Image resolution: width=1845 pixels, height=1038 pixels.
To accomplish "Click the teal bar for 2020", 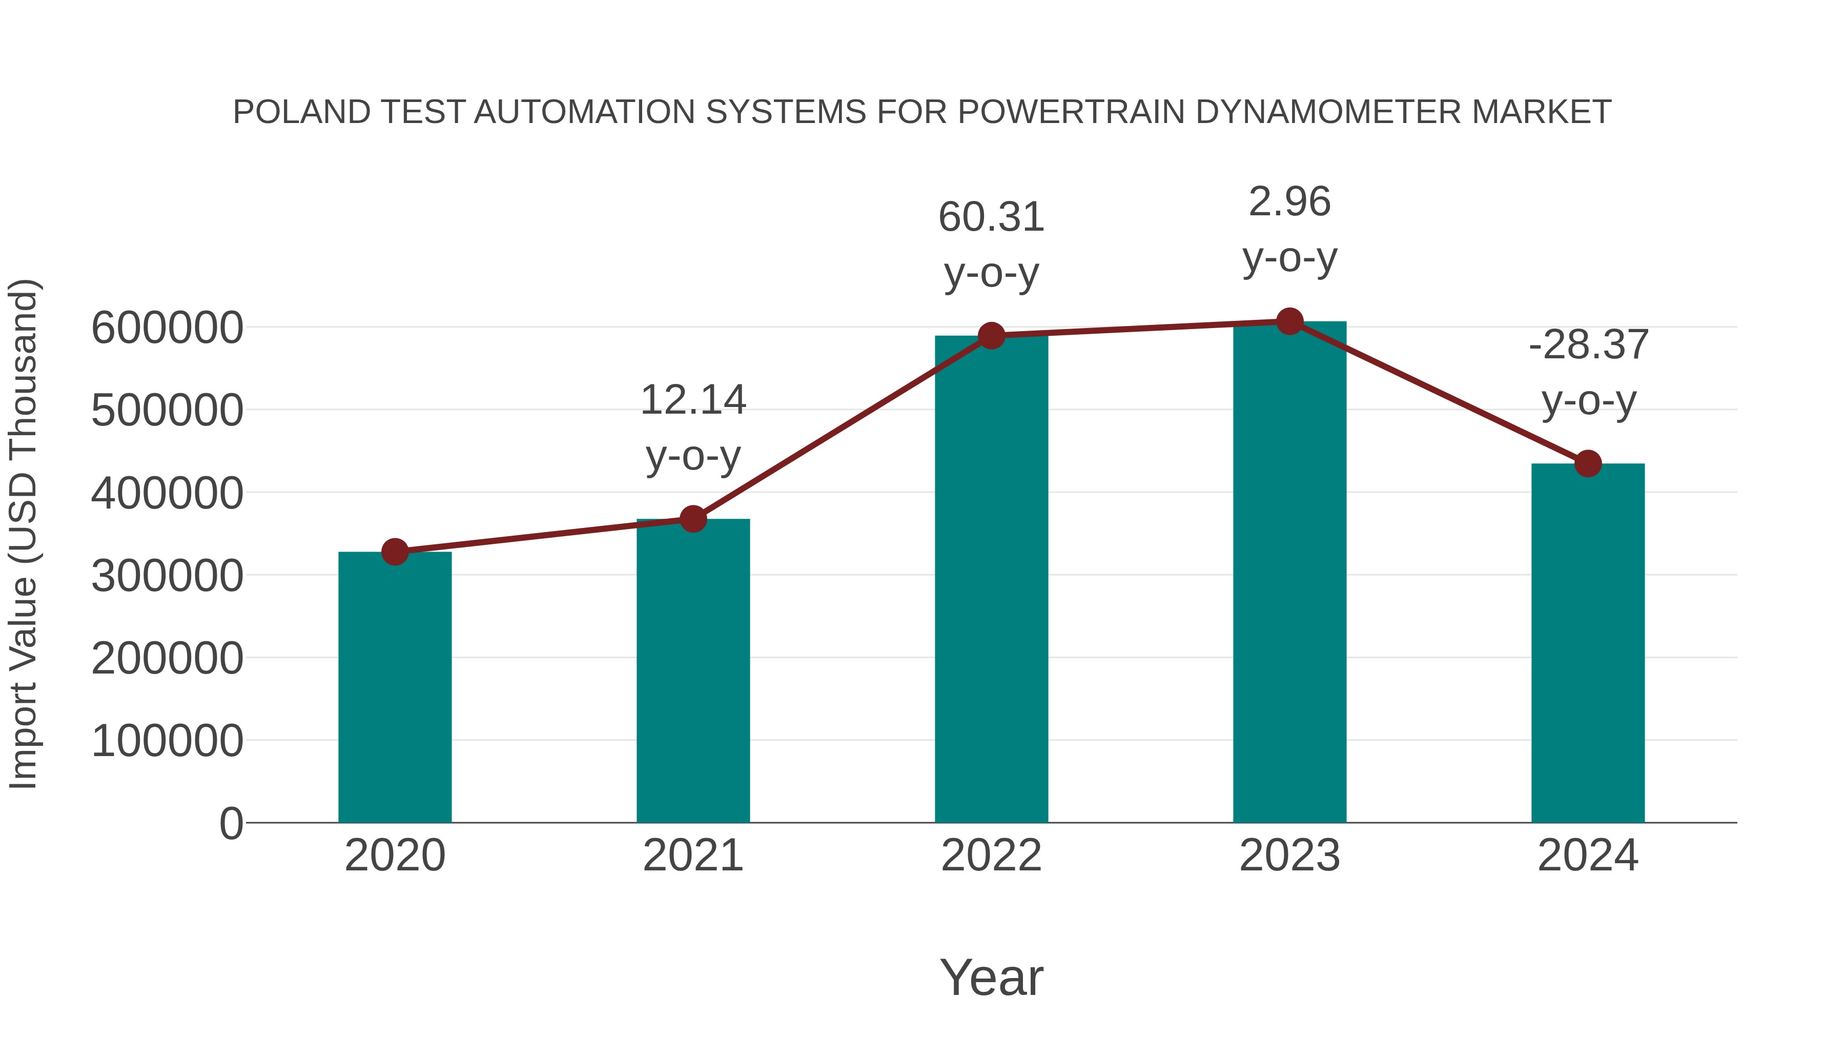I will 395,688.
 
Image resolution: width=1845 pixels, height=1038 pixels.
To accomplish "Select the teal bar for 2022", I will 991,580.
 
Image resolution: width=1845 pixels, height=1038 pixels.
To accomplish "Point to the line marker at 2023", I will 1290,321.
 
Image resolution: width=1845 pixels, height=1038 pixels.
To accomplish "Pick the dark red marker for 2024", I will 1588,463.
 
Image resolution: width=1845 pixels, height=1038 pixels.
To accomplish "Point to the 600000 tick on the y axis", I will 167,328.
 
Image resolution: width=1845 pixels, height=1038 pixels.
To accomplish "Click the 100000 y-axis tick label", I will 167,741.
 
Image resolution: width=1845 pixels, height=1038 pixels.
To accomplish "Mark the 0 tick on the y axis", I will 231,823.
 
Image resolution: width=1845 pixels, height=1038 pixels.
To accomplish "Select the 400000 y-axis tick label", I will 167,494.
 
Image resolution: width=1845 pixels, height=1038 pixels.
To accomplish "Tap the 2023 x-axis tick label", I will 1290,856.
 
